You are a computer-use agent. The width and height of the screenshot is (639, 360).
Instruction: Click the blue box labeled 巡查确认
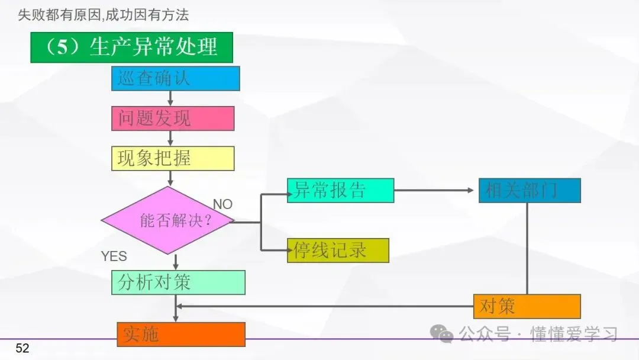(x=175, y=78)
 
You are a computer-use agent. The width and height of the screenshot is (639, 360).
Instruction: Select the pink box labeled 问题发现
(x=173, y=118)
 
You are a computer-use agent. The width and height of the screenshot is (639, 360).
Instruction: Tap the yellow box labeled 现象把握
(x=173, y=159)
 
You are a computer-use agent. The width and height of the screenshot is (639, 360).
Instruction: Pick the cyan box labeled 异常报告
(x=340, y=191)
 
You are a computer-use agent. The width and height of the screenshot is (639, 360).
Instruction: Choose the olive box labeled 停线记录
(x=338, y=250)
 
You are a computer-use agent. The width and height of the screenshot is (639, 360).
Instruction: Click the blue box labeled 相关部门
(x=529, y=191)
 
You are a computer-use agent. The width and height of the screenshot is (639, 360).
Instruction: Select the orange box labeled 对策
(x=527, y=307)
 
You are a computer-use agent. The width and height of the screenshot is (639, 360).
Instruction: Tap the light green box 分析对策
(x=178, y=282)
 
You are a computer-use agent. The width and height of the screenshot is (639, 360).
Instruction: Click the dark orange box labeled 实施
(x=180, y=335)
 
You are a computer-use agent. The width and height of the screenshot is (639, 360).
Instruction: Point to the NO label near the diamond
(x=222, y=204)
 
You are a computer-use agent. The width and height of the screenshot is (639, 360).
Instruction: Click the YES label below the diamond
(x=114, y=256)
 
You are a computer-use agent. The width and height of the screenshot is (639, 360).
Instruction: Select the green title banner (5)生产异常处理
(x=131, y=47)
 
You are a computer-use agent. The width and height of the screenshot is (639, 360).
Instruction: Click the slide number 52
(x=22, y=348)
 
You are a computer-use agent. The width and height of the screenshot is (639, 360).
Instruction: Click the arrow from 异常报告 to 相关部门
(x=435, y=191)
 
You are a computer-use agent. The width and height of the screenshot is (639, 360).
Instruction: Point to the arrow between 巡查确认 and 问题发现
(x=171, y=98)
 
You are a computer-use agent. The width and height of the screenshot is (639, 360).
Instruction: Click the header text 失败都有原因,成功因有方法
(x=104, y=15)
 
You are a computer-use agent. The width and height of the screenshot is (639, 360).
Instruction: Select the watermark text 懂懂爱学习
(x=574, y=334)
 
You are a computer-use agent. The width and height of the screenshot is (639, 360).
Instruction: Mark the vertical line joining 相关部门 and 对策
(x=527, y=249)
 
